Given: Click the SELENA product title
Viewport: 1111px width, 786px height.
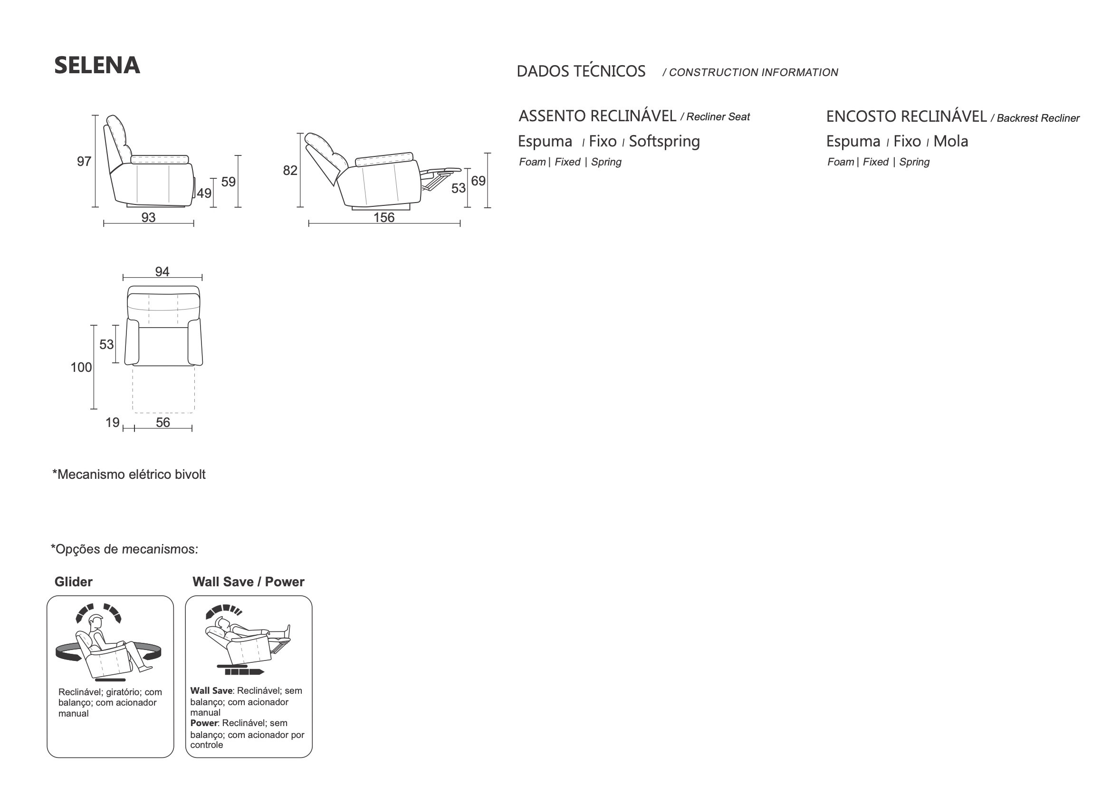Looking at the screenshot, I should click(x=97, y=65).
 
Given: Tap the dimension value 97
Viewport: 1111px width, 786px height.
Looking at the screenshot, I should click(x=84, y=161).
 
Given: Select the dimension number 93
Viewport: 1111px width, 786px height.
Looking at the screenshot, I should click(x=148, y=217).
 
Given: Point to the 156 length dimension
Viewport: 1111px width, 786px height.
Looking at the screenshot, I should click(x=384, y=217).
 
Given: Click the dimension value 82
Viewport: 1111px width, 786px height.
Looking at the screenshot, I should click(x=290, y=171).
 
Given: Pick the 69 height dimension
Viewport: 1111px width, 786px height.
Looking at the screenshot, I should click(x=478, y=181).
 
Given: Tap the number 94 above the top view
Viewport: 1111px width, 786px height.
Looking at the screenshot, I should click(x=162, y=272).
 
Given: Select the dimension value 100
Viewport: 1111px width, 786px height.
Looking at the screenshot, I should click(x=81, y=368).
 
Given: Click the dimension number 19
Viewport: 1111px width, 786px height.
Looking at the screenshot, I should click(x=112, y=423).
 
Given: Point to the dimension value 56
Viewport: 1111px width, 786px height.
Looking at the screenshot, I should click(x=163, y=423).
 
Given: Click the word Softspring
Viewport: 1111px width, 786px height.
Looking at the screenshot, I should click(x=664, y=141).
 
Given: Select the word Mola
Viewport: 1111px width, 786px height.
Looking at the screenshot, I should click(x=950, y=141).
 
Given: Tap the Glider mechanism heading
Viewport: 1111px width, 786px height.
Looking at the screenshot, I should click(x=73, y=582).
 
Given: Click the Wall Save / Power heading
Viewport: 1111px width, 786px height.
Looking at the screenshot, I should click(x=248, y=582).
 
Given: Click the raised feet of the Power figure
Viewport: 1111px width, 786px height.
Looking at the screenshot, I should click(x=287, y=631).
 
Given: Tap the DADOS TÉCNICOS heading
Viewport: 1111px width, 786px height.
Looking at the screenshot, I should click(x=581, y=71).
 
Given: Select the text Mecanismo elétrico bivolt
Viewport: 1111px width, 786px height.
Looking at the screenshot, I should click(x=131, y=474).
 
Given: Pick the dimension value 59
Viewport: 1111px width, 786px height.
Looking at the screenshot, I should click(x=229, y=182).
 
